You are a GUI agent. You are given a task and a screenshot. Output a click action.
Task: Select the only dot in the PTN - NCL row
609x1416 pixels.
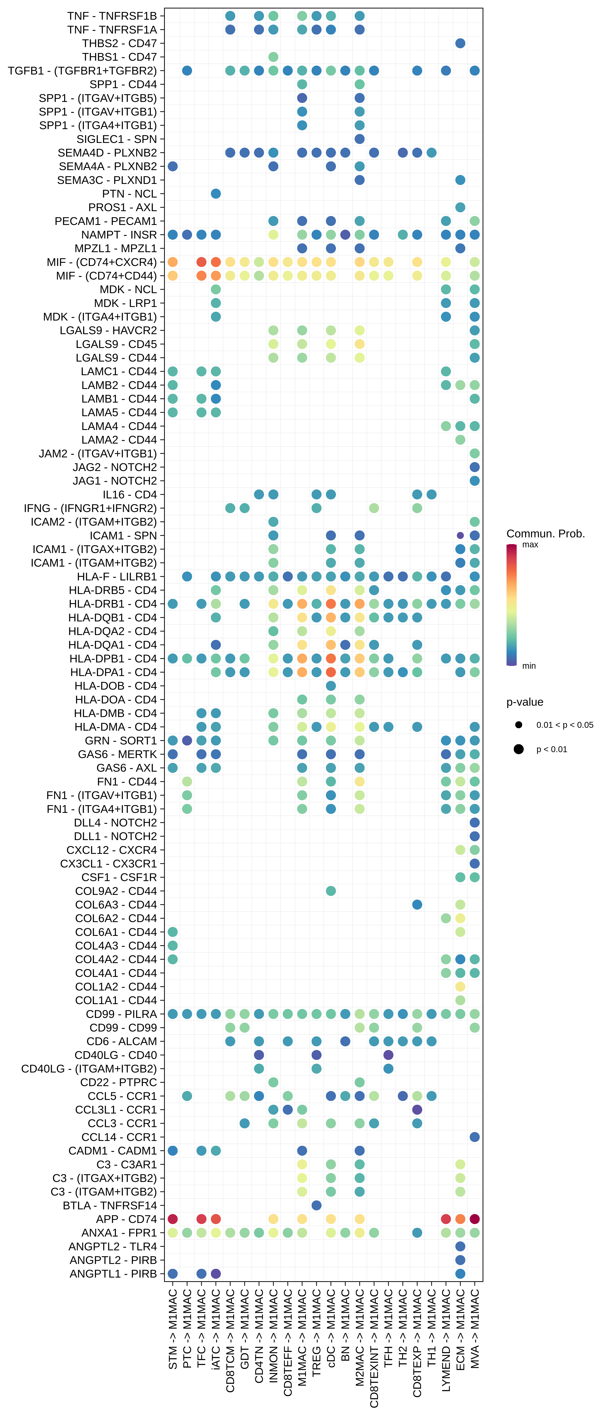pos(216,193)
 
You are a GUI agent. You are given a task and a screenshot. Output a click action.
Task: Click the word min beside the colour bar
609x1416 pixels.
pos(529,666)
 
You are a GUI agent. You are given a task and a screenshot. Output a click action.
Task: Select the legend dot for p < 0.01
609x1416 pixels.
pos(518,749)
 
